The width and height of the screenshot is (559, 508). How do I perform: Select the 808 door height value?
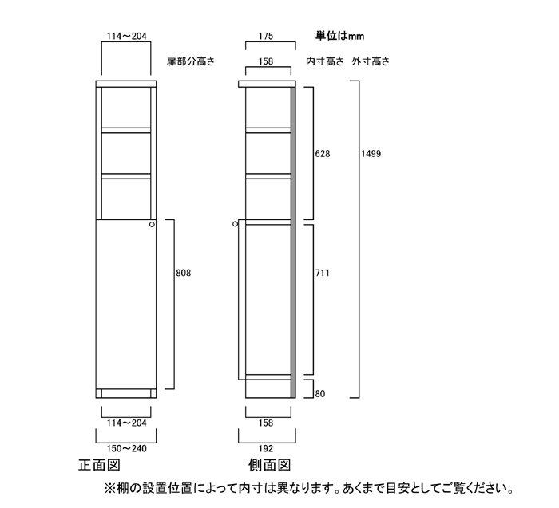coord(183,273)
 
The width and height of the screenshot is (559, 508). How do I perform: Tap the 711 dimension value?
coord(323,274)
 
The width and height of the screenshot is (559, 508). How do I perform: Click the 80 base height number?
coord(319,394)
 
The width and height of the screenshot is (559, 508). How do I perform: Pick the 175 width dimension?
coord(268,36)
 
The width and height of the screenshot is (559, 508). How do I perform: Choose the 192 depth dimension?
coord(268,448)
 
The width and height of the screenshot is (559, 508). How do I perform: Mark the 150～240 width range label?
coord(129,448)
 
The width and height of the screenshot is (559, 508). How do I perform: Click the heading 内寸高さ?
coord(324,61)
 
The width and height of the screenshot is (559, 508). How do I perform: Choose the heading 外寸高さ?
coord(371,61)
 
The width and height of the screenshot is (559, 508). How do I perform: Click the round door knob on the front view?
coord(152,226)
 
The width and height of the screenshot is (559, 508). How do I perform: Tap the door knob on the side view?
coord(236,225)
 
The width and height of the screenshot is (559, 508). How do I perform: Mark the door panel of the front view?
coord(125,303)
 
